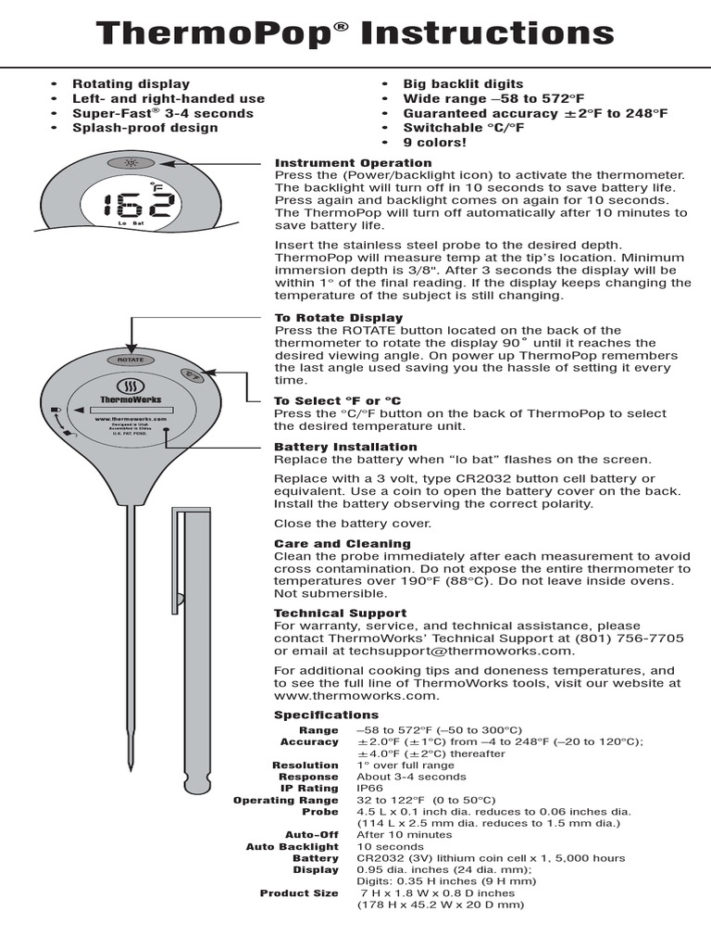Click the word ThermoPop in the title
click(x=215, y=34)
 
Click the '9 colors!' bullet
click(x=434, y=143)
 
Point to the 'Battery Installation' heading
click(x=345, y=447)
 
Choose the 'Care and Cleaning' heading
click(x=342, y=543)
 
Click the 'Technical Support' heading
click(x=340, y=614)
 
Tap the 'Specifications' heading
click(x=326, y=715)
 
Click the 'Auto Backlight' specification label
click(x=292, y=847)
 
